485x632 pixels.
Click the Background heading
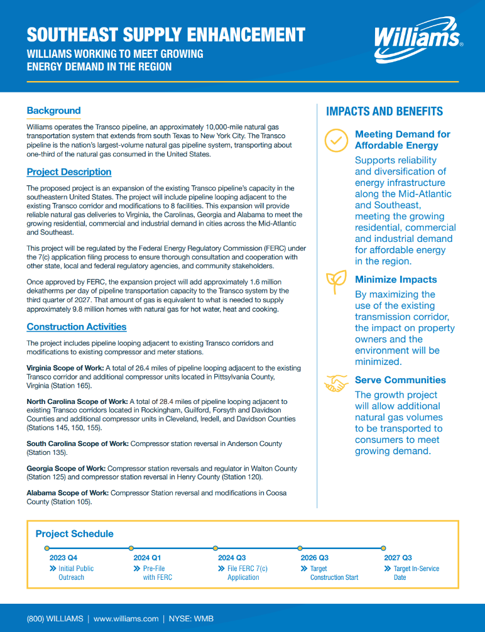pyautogui.click(x=53, y=111)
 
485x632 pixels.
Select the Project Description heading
pyautogui.click(x=69, y=172)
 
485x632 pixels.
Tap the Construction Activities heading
pyautogui.click(x=77, y=327)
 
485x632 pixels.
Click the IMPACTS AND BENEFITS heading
pyautogui.click(x=384, y=112)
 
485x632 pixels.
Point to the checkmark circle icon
pyautogui.click(x=337, y=141)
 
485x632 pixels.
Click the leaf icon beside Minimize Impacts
pyautogui.click(x=335, y=282)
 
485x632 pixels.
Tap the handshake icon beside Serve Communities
pyautogui.click(x=336, y=382)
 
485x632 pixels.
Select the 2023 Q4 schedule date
pyautogui.click(x=63, y=557)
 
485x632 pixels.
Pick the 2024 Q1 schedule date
pyautogui.click(x=147, y=557)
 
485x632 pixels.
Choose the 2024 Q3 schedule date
pyautogui.click(x=232, y=557)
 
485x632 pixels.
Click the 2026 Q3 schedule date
pyautogui.click(x=315, y=557)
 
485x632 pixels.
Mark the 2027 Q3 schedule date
pyautogui.click(x=398, y=557)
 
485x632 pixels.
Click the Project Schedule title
pyautogui.click(x=74, y=534)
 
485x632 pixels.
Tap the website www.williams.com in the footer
pyautogui.click(x=126, y=619)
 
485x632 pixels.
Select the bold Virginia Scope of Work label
pyautogui.click(x=65, y=368)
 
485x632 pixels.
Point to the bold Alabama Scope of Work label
pyautogui.click(x=67, y=493)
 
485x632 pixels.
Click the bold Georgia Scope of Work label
pyautogui.click(x=66, y=468)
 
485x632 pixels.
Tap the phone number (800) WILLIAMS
pyautogui.click(x=55, y=619)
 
